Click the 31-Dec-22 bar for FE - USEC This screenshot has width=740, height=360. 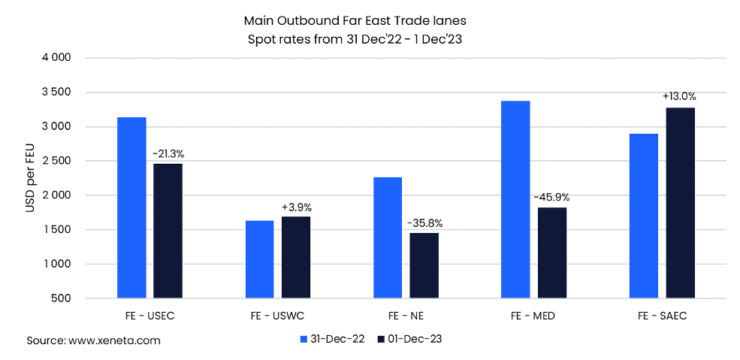(x=131, y=208)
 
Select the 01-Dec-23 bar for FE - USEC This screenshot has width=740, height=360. (x=168, y=231)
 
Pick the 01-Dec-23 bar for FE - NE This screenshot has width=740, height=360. (x=424, y=266)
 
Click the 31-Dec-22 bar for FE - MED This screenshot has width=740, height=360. (x=515, y=200)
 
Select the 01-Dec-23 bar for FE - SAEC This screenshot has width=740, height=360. (x=679, y=203)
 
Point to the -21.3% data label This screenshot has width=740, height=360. (x=168, y=154)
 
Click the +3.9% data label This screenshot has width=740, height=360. (x=296, y=207)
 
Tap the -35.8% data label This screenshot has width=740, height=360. (x=424, y=223)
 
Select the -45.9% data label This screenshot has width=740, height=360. (x=551, y=198)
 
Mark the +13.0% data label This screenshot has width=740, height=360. (x=679, y=97)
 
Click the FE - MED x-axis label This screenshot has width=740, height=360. (x=533, y=316)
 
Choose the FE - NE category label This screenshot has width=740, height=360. (x=406, y=316)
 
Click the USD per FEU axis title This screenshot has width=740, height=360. (x=31, y=179)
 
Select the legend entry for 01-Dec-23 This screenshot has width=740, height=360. (x=409, y=339)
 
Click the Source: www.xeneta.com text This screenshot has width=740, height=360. (x=94, y=340)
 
